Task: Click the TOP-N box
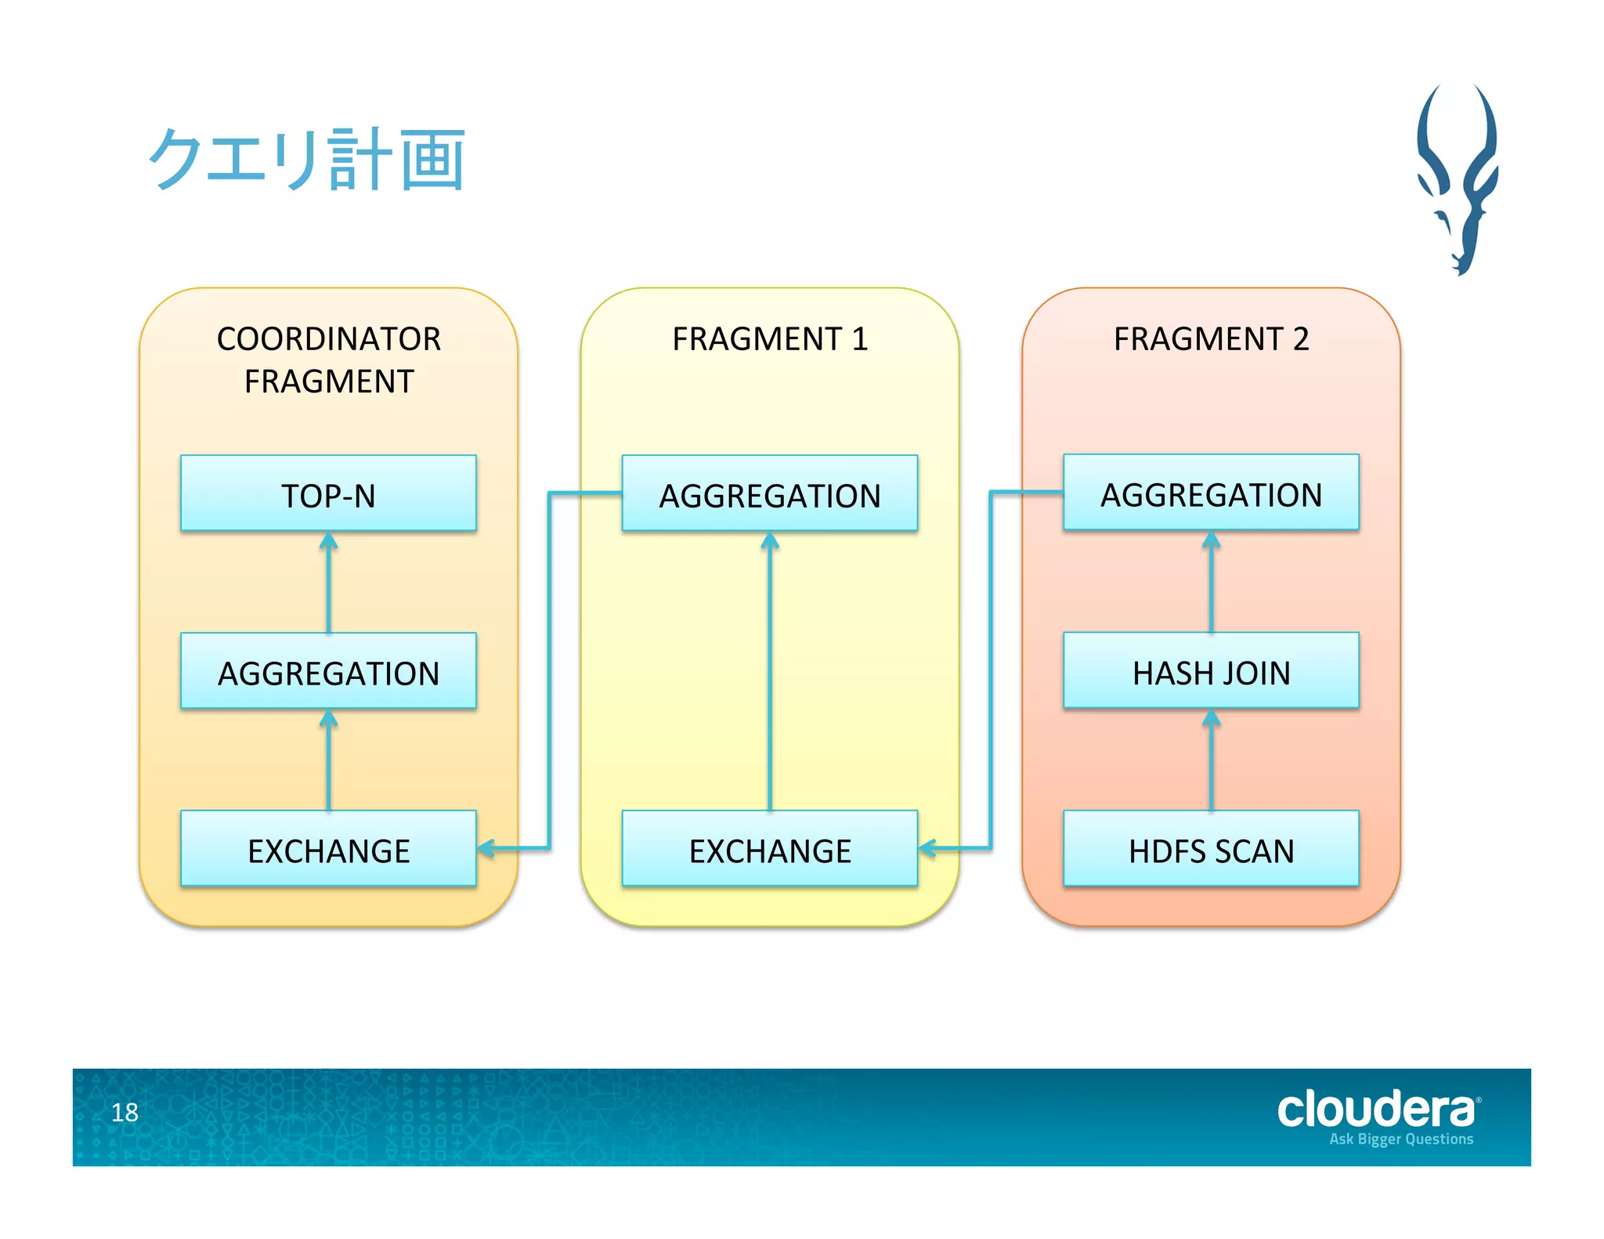(328, 494)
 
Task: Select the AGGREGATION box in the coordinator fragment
(328, 672)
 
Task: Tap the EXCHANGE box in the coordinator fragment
(328, 850)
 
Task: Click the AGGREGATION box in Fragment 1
(769, 494)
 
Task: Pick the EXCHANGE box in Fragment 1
(769, 850)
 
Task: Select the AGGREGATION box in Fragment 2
(1211, 493)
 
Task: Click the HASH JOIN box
(1211, 672)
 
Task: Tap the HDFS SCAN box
(1211, 850)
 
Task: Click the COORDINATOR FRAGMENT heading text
(328, 359)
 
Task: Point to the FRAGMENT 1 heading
(769, 339)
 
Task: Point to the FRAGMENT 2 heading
(1211, 339)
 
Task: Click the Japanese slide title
(307, 160)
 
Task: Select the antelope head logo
(1458, 179)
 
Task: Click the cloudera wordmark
(1376, 1110)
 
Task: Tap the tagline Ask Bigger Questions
(1400, 1140)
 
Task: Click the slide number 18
(125, 1112)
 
